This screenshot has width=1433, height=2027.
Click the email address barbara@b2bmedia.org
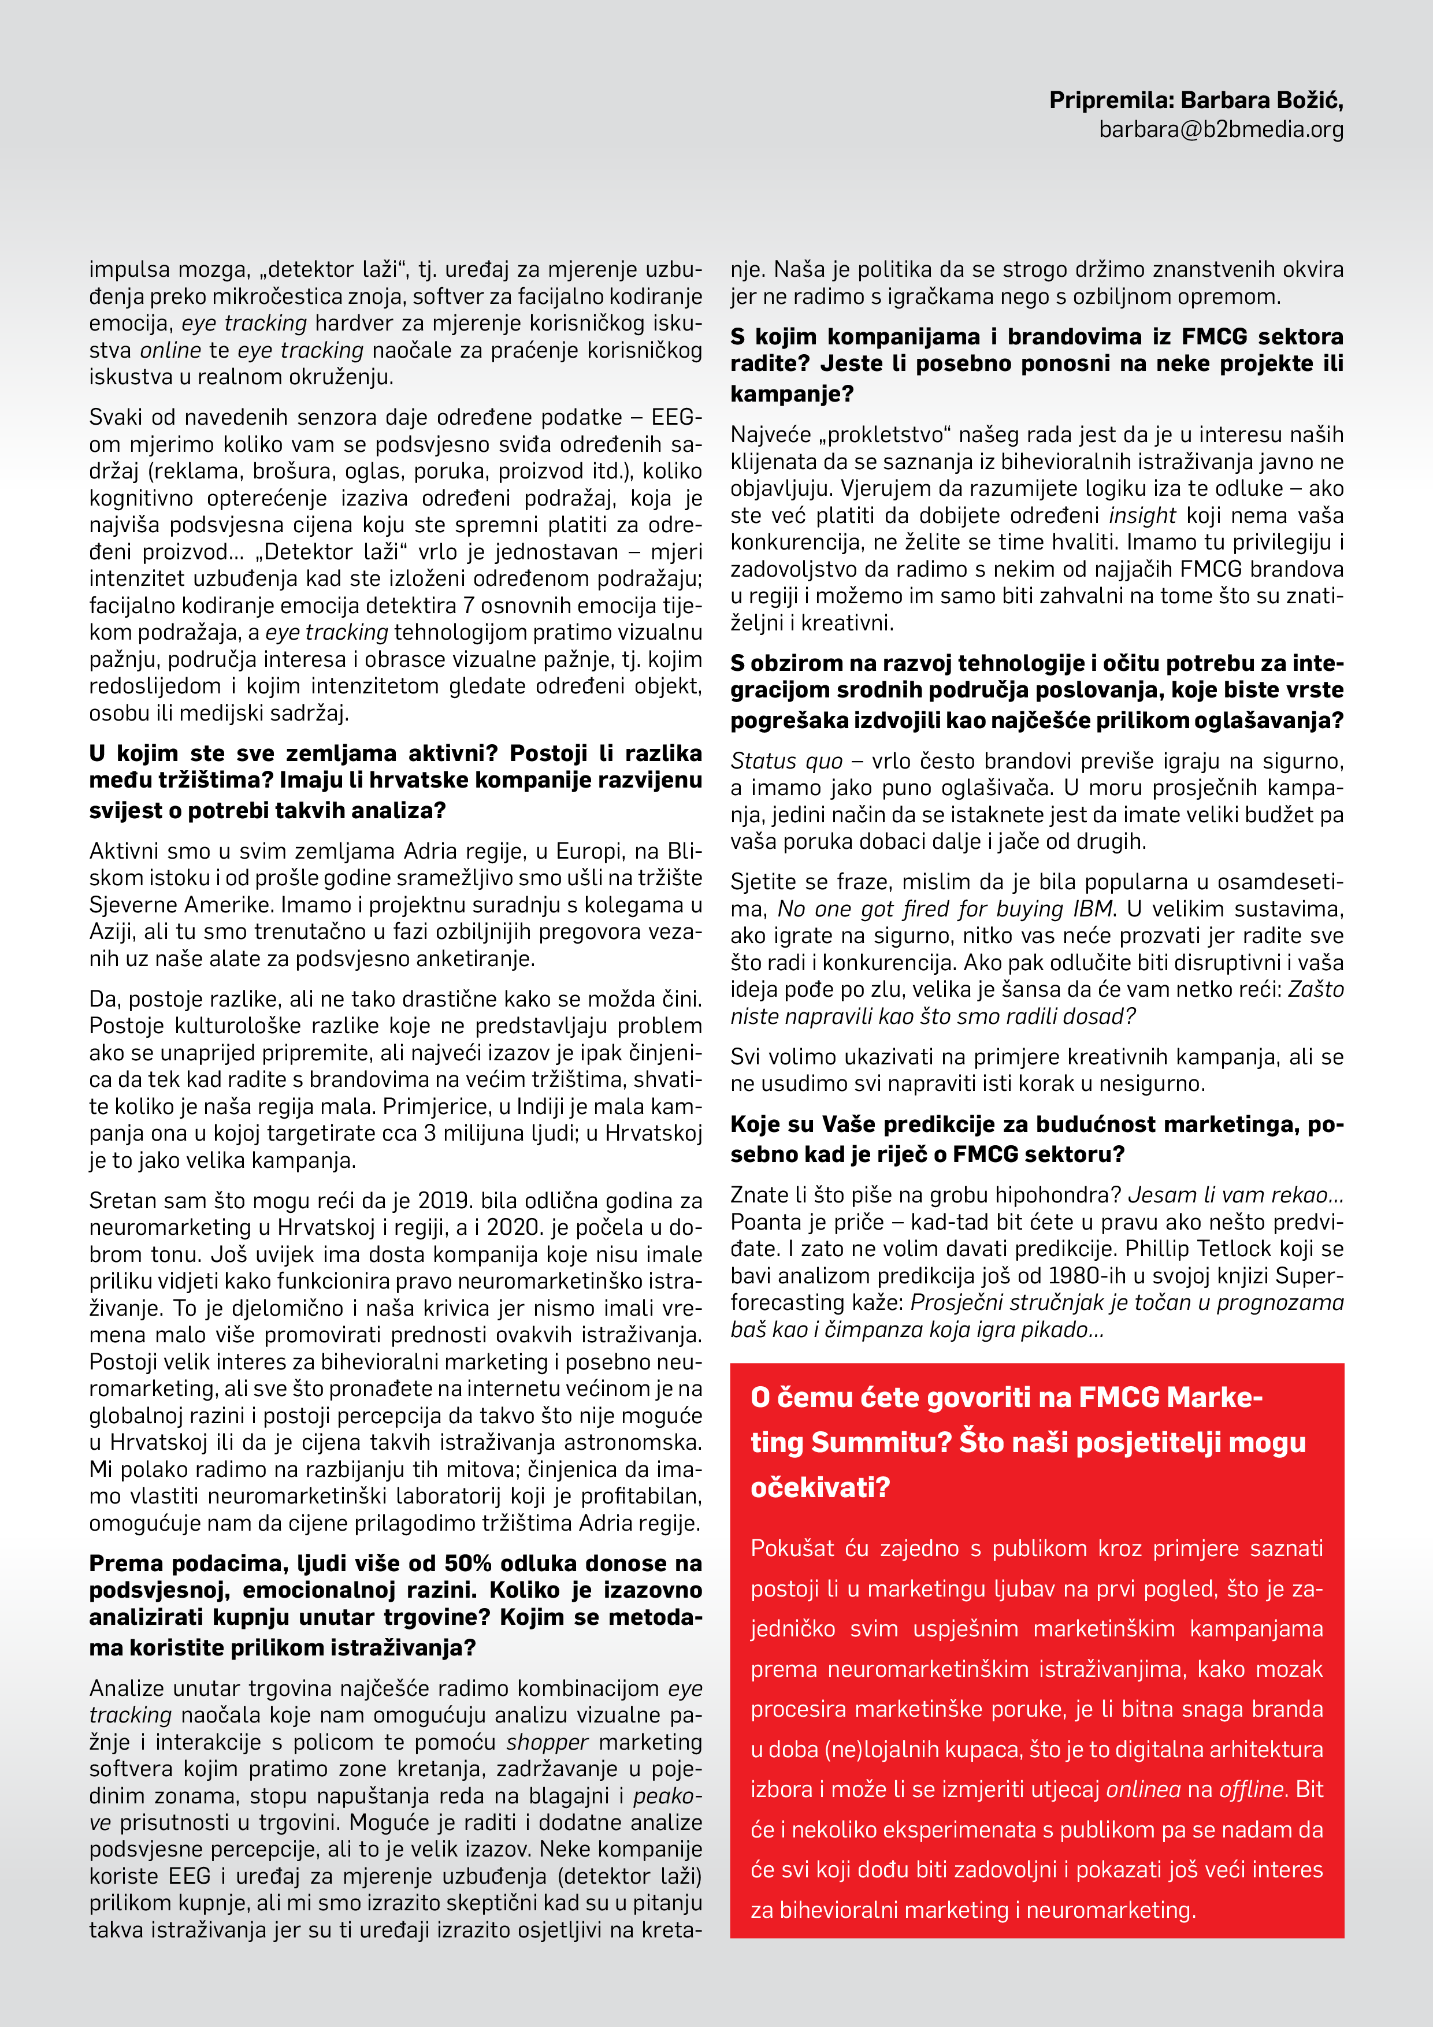(x=1221, y=130)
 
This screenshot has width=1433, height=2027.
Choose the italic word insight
(x=1142, y=515)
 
